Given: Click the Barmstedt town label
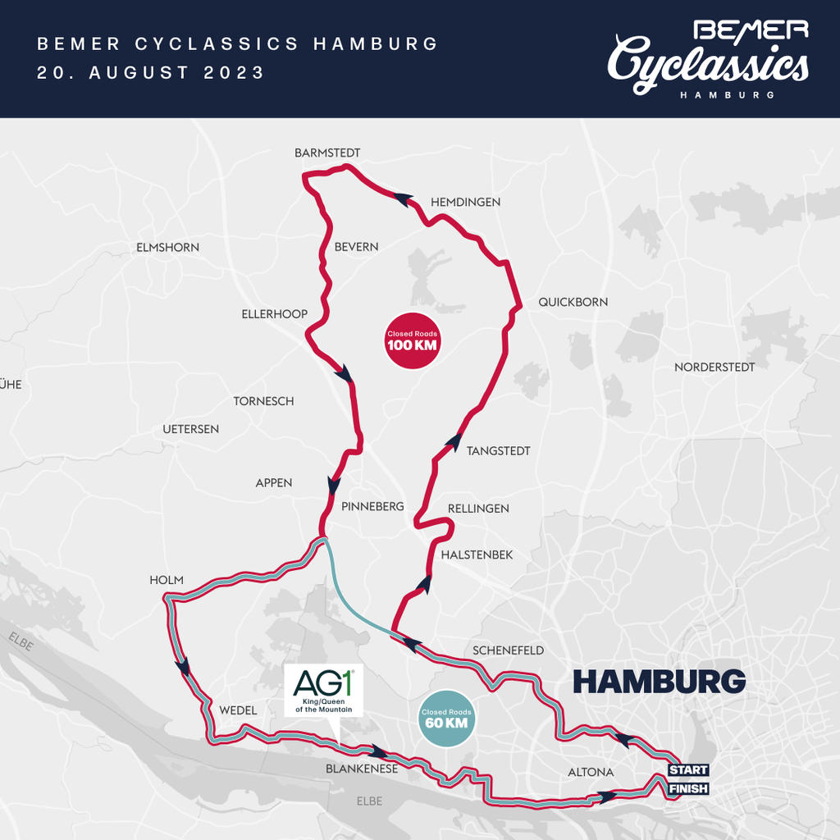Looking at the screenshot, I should point(327,153).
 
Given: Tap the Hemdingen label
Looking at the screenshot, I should point(465,202).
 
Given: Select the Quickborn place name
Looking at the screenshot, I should point(573,302).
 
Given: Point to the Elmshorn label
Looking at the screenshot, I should point(167,247).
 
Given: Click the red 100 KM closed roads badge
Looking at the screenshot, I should point(412,340).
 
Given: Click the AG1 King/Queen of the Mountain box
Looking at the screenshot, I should point(322,691).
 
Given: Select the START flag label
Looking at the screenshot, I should point(687,770).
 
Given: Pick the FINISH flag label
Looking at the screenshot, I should point(687,788).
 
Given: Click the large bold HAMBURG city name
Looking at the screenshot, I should point(659,681).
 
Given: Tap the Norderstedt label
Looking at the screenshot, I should point(714,367).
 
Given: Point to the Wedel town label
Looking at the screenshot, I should point(238,710).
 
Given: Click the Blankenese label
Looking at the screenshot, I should point(362,769).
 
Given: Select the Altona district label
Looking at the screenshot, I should point(591,772).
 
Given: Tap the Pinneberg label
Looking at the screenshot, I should point(372,506).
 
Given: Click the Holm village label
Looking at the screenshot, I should point(167,580).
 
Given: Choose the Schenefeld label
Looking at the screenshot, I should point(508,651).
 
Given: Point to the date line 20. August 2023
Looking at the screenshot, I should point(151,72).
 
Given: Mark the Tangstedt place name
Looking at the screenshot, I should point(498,450).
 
